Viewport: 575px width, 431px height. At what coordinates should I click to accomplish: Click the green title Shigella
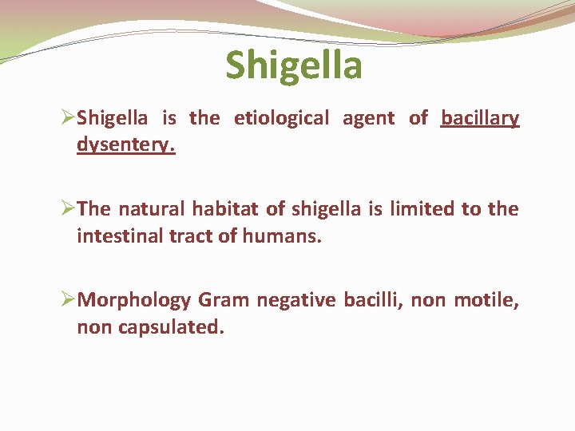[x=293, y=65]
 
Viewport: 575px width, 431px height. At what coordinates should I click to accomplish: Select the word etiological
[x=281, y=119]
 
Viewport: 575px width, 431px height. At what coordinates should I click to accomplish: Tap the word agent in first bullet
[x=369, y=119]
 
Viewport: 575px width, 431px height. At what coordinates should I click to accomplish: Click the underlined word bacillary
[x=480, y=119]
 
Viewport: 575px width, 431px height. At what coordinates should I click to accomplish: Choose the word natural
[x=152, y=210]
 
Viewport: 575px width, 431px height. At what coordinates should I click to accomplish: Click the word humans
[x=285, y=237]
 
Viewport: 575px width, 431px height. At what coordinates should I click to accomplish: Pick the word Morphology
[x=135, y=301]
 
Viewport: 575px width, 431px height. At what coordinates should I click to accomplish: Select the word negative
[x=299, y=301]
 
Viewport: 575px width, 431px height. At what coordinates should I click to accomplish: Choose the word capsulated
[x=170, y=328]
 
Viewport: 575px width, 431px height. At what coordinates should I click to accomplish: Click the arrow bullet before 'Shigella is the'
[x=67, y=119]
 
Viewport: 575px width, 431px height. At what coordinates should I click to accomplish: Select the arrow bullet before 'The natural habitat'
[x=67, y=210]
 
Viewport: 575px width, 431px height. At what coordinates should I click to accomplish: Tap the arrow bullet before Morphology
[x=67, y=301]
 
